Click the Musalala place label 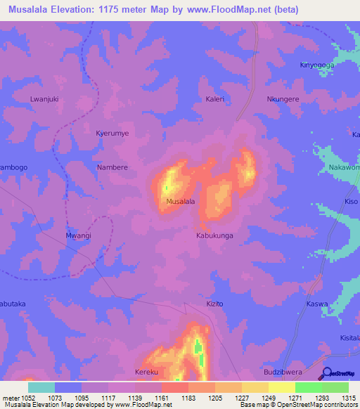click(180, 202)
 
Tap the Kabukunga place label click(214, 236)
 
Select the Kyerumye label click(112, 133)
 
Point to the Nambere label click(112, 167)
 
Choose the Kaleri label click(215, 99)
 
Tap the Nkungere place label click(283, 99)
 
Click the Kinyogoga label click(317, 65)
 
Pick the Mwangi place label click(78, 236)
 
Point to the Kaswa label click(317, 304)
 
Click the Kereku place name click(146, 372)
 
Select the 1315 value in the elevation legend click(349, 398)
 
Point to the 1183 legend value click(188, 398)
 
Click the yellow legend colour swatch click(281, 387)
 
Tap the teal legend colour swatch click(41, 387)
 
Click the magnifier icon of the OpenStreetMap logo click(328, 373)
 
